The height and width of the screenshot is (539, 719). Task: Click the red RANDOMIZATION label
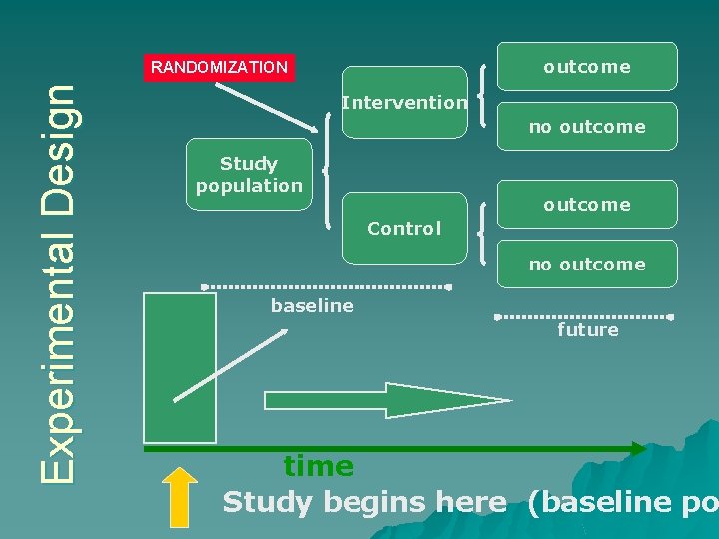pyautogui.click(x=219, y=68)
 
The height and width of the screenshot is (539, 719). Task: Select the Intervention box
pyautogui.click(x=403, y=102)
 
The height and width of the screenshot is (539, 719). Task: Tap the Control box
pyautogui.click(x=403, y=228)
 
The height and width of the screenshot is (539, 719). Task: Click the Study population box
pyautogui.click(x=249, y=174)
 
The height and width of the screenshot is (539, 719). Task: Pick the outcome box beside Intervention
pyautogui.click(x=587, y=67)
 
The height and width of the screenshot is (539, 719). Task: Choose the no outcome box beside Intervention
pyautogui.click(x=587, y=127)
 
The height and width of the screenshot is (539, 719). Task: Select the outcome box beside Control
pyautogui.click(x=587, y=205)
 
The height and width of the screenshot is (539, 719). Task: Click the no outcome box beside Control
pyautogui.click(x=587, y=265)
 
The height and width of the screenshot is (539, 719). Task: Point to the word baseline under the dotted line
pyautogui.click(x=312, y=306)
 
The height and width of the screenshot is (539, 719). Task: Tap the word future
pyautogui.click(x=587, y=330)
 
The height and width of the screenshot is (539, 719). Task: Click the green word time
pyautogui.click(x=318, y=466)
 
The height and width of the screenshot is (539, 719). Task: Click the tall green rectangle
pyautogui.click(x=180, y=367)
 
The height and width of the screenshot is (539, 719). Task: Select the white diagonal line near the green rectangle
pyautogui.click(x=230, y=365)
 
